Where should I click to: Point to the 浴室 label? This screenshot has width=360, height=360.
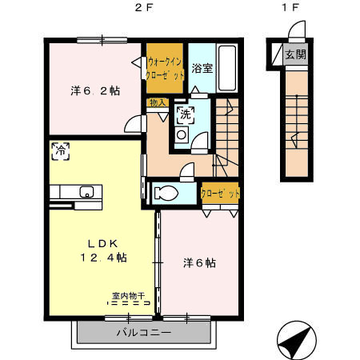[202, 67]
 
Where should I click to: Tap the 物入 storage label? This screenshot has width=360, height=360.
[157, 102]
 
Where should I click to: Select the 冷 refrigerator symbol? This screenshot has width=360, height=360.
[59, 149]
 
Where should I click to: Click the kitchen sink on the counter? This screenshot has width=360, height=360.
[86, 190]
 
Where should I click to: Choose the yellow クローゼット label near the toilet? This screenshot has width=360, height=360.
[220, 194]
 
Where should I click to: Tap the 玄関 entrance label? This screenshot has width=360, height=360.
[294, 54]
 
